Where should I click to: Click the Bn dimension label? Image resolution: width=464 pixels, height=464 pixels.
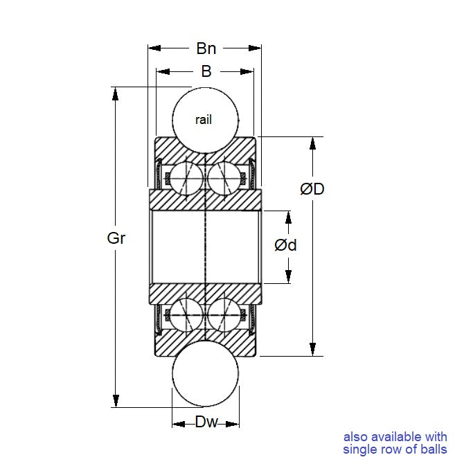206,48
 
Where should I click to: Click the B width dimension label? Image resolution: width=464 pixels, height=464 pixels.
206,71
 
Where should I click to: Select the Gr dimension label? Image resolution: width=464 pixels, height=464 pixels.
116,239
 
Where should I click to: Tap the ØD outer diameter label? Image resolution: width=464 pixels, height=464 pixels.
312,188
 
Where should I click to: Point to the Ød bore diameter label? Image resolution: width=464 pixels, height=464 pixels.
285,244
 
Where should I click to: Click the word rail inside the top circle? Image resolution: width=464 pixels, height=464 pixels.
204,120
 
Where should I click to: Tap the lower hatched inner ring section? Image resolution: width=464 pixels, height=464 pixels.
206,292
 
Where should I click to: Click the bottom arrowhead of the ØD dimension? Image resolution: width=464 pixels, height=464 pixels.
313,350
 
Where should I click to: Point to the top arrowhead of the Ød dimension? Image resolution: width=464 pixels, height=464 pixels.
288,216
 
